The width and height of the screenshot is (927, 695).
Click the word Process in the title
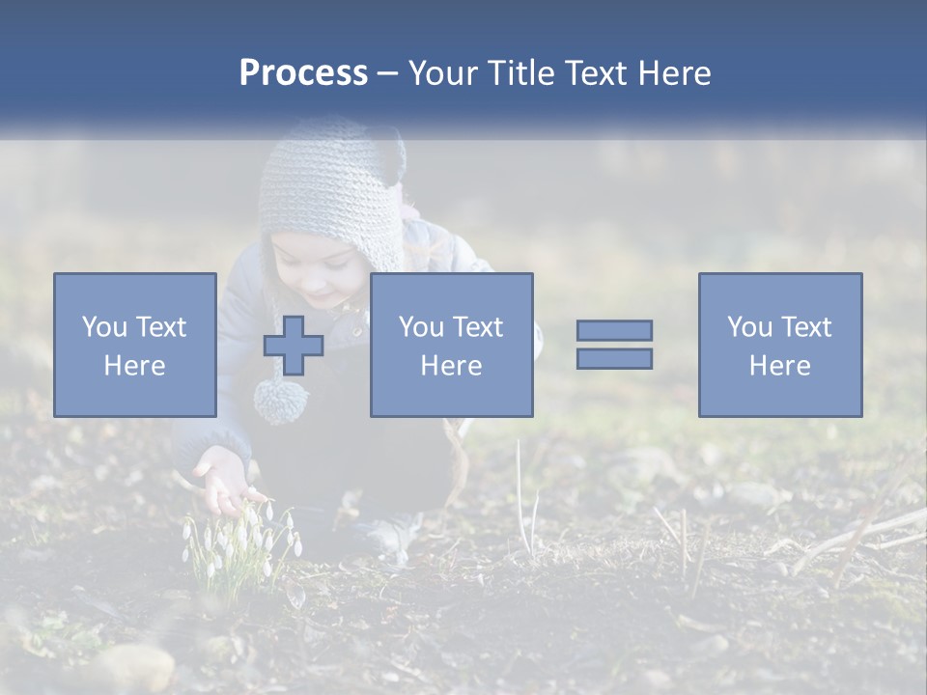tap(303, 73)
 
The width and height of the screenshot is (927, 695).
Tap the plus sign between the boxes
tap(294, 346)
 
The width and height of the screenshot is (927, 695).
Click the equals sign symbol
tap(614, 345)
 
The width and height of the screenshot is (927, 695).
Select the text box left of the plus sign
tap(135, 345)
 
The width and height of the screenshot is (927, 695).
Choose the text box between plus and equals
tap(451, 345)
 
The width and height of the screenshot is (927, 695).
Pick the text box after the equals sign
tap(779, 345)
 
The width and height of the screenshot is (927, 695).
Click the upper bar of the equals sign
tap(614, 330)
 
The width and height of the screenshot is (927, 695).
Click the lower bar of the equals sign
tap(614, 359)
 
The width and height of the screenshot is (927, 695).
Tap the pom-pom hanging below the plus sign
tap(280, 400)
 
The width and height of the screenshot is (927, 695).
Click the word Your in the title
tap(444, 73)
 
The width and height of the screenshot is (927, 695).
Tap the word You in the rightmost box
tap(750, 327)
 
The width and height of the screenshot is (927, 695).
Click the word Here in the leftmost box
tap(135, 366)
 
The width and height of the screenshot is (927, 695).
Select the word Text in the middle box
tap(478, 327)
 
